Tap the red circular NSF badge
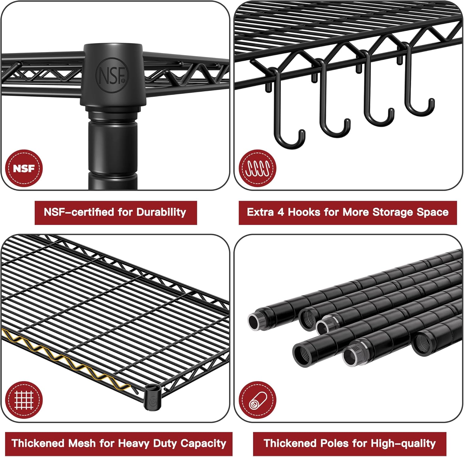[x=24, y=168]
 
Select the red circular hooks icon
[x=257, y=168]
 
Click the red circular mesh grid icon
[x=24, y=400]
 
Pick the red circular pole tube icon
[x=257, y=400]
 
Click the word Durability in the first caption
[x=161, y=212]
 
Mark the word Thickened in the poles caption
[x=289, y=443]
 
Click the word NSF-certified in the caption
[x=79, y=212]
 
